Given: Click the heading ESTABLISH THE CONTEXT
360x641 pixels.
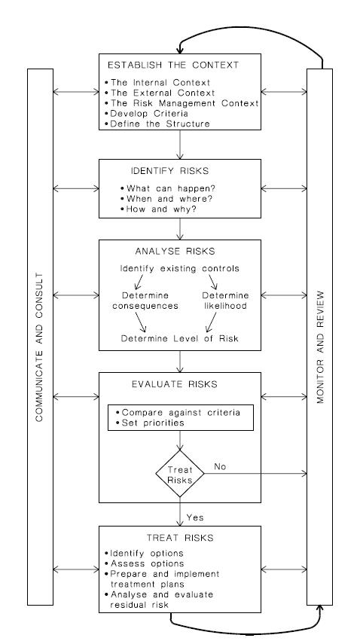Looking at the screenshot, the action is [173, 65].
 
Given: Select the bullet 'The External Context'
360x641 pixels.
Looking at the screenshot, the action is [160, 93].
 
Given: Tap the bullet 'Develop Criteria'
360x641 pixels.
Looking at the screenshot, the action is [146, 114].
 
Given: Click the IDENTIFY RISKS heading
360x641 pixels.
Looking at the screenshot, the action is [169, 171].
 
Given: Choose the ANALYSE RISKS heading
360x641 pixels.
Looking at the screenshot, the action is [175, 251].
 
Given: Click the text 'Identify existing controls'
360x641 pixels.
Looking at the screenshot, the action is [180, 269].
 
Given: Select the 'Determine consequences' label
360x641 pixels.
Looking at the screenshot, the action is [145, 301].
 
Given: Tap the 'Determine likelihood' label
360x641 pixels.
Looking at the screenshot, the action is [225, 301].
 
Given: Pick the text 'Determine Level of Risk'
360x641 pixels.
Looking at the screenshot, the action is [180, 338].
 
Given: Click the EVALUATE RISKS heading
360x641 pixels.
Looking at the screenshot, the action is [175, 384].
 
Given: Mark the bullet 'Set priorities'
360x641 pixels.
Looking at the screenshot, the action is [150, 423].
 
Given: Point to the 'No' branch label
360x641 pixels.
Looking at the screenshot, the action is [220, 467].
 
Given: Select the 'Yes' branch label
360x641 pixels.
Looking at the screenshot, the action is [195, 517].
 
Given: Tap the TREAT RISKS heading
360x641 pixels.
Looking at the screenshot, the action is [180, 538].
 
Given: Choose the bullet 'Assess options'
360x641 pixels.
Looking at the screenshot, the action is [145, 563].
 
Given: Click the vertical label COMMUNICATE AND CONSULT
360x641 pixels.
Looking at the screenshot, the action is [39, 347].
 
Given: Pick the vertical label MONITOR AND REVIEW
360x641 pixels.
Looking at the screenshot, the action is [320, 347].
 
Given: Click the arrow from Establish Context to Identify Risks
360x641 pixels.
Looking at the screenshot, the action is [180, 145].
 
